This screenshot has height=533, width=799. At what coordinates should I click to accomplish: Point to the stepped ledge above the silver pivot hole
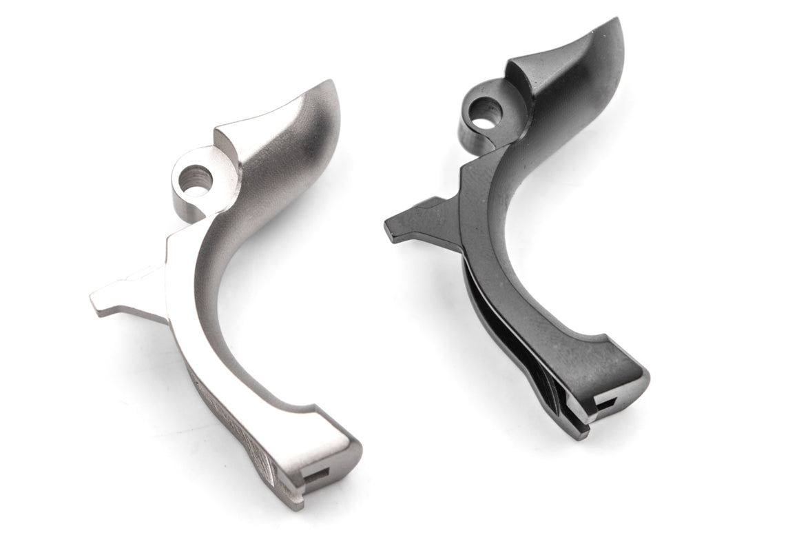click(222, 138)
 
